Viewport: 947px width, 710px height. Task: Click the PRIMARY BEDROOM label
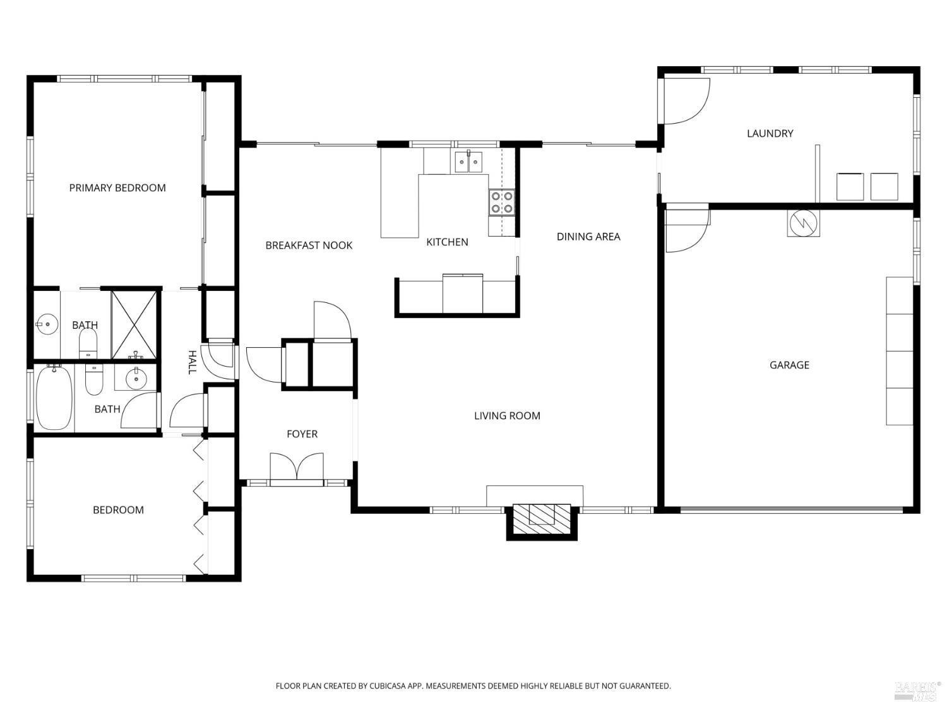tap(117, 188)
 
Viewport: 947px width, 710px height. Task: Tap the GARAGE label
tap(789, 365)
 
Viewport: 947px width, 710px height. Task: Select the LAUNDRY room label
tap(770, 134)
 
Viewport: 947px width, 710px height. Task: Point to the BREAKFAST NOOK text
tap(309, 246)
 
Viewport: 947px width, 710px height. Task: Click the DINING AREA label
tap(588, 237)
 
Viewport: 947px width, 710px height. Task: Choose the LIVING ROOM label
tap(507, 416)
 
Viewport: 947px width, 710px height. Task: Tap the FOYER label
tap(302, 434)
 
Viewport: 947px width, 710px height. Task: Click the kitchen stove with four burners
tap(501, 203)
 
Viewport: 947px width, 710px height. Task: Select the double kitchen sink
tap(468, 162)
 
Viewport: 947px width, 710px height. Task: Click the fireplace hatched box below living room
tap(542, 516)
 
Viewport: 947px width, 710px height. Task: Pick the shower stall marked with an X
tap(134, 324)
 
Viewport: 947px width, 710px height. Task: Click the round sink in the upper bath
tap(46, 325)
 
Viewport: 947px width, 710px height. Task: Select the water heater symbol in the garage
tap(803, 223)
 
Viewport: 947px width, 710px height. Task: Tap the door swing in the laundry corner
tap(686, 101)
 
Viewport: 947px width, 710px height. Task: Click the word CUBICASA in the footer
tap(388, 686)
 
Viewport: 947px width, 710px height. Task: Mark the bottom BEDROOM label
tap(118, 510)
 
